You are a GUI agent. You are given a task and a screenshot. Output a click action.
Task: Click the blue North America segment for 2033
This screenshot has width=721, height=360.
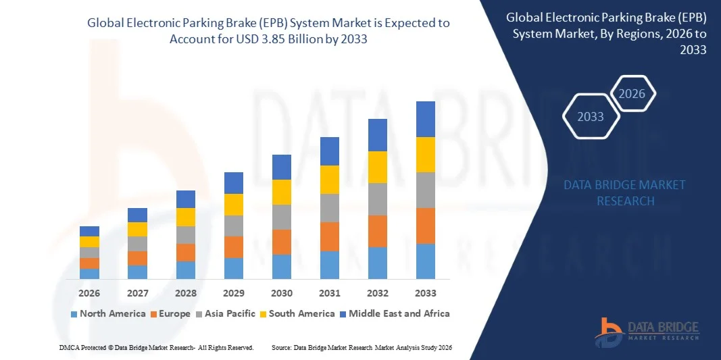(425, 261)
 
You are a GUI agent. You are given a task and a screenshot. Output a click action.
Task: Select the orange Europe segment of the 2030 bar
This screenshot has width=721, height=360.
(282, 242)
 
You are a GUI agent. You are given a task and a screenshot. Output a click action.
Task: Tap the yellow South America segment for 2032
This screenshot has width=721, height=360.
(378, 167)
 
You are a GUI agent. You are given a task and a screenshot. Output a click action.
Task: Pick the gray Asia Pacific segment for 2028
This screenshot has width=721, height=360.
(186, 235)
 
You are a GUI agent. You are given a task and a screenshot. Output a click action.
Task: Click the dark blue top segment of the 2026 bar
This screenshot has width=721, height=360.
(89, 231)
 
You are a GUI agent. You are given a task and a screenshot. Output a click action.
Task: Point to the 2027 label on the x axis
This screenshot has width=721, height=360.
(137, 294)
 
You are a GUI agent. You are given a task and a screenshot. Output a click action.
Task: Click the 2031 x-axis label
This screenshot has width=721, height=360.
(330, 294)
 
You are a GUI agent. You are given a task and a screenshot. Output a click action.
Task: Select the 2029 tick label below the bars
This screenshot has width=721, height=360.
(234, 294)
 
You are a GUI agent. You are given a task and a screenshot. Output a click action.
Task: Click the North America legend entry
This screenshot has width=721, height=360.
(107, 313)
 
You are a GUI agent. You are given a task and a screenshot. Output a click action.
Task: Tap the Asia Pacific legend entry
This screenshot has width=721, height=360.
(227, 313)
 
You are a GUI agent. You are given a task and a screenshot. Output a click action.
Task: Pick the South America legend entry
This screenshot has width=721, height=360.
(297, 313)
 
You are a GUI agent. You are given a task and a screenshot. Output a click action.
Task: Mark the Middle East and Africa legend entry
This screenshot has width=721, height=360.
(396, 313)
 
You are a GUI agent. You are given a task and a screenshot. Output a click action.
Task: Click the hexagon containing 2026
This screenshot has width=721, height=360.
(632, 94)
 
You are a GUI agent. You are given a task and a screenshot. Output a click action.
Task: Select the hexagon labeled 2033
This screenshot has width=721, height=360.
(591, 117)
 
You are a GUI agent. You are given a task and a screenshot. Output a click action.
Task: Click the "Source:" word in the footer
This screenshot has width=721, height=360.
(281, 347)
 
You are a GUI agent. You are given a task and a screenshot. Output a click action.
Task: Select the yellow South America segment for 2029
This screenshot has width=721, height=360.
(234, 205)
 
